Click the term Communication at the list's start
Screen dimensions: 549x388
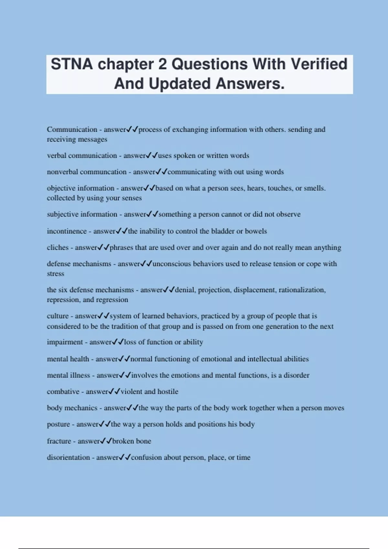pos(72,129)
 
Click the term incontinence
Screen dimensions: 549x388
pos(67,231)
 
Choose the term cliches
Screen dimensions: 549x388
pos(58,248)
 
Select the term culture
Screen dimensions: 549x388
pos(58,316)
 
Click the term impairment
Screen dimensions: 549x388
pos(65,342)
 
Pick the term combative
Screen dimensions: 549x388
pos(63,392)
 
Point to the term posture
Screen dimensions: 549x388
pos(58,424)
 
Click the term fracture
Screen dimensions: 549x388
pos(59,441)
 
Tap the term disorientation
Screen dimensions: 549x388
pos(68,458)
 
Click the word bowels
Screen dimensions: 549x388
pos(256,231)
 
